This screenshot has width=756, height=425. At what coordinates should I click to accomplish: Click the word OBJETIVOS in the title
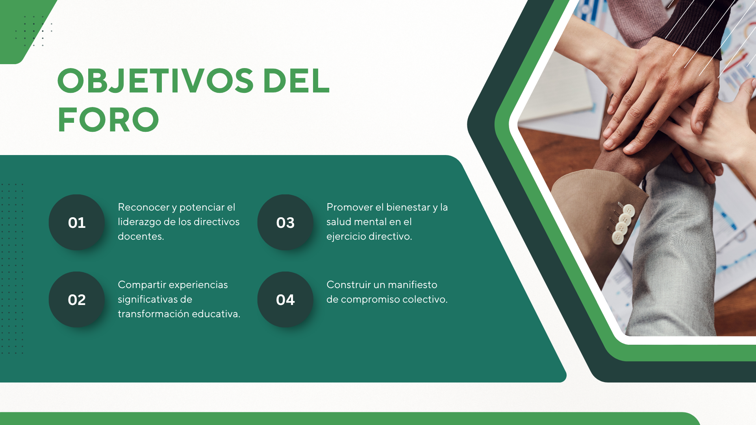pos(156,81)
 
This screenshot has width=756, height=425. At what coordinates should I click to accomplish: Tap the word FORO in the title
pos(108,120)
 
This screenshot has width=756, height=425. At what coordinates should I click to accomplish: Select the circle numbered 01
pos(77,222)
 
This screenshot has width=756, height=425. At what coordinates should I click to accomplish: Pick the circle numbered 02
pos(77,299)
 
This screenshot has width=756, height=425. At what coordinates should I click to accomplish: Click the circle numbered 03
pos(285,222)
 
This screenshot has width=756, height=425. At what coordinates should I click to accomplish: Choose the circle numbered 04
pos(285,299)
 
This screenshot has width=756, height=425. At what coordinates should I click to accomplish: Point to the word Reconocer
pos(143,207)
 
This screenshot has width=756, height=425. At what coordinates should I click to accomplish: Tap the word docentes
pos(141,236)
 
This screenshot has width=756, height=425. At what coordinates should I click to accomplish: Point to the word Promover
pos(350,207)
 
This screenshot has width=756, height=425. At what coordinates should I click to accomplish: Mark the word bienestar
pos(408,207)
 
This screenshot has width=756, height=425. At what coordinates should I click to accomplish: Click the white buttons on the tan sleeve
pos(623,224)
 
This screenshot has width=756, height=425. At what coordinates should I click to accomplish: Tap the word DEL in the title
pos(296,81)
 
